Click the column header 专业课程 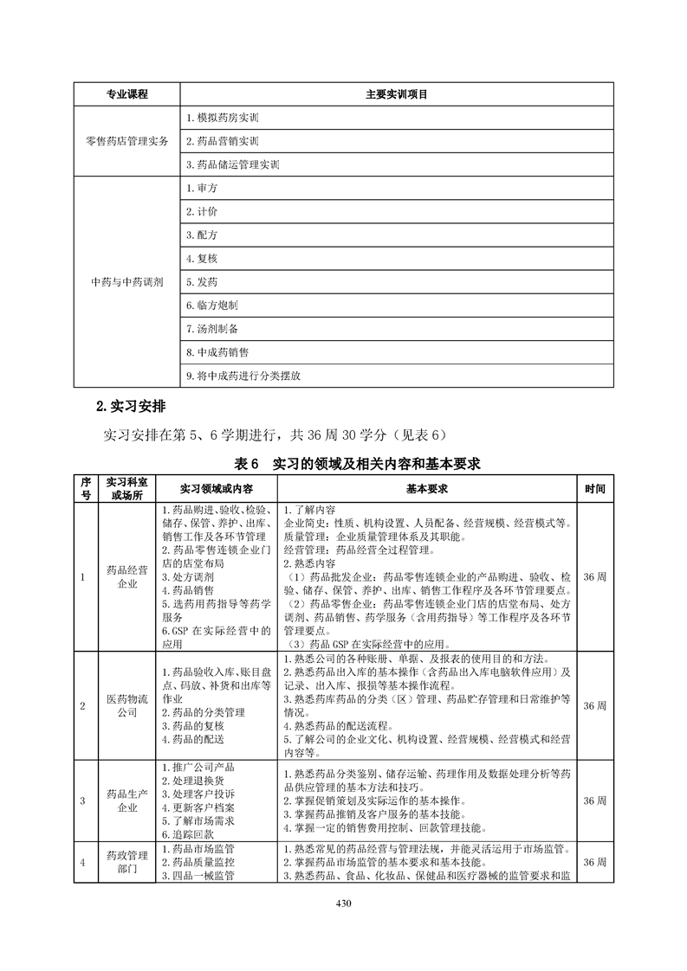[x=126, y=93]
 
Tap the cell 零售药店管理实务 [x=126, y=140]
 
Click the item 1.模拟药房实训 [x=223, y=117]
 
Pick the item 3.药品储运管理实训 [x=233, y=164]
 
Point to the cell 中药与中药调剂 [x=126, y=282]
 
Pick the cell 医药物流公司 [x=126, y=704]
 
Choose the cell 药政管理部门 [x=126, y=862]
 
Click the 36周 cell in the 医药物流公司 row [x=595, y=705]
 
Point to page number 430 [x=344, y=905]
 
